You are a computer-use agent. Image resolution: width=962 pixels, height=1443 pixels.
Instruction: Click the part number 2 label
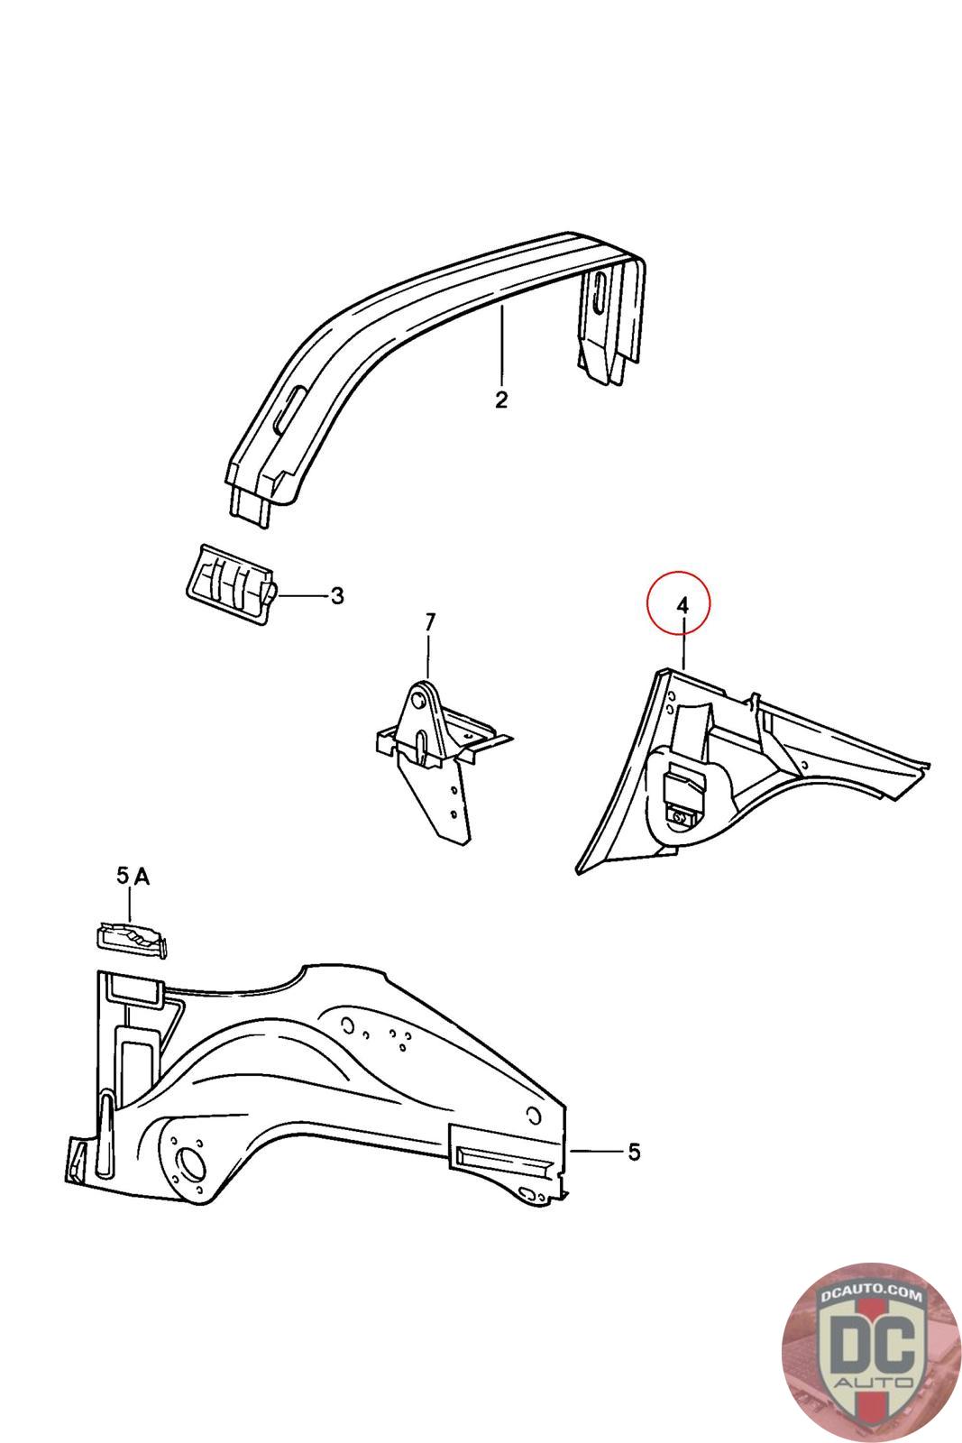pyautogui.click(x=501, y=399)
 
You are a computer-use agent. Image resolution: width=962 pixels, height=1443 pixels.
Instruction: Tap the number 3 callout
pyautogui.click(x=336, y=596)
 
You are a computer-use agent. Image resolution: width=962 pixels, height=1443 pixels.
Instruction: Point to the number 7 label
pyautogui.click(x=429, y=622)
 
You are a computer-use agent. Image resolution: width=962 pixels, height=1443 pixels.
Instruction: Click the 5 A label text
pyautogui.click(x=133, y=875)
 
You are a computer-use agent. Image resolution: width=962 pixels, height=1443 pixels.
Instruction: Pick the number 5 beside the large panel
pyautogui.click(x=634, y=1152)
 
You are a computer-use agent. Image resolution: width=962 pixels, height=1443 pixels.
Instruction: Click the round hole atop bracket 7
pyautogui.click(x=419, y=700)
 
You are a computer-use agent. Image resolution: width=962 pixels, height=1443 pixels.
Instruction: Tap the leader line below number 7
pyautogui.click(x=429, y=657)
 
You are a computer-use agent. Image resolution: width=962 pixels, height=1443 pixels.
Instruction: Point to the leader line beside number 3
pyautogui.click(x=302, y=596)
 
